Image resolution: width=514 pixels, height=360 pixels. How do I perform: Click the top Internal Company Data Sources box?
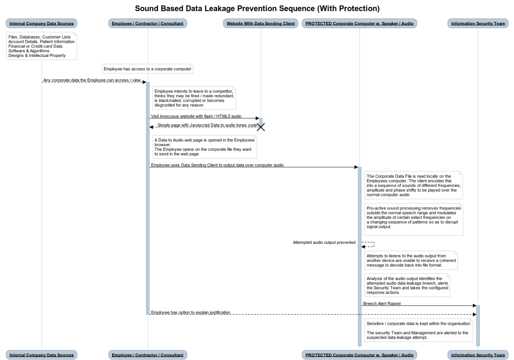[42, 24]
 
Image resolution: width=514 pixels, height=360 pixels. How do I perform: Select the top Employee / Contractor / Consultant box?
[147, 24]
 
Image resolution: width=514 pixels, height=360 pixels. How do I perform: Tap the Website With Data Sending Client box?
[260, 24]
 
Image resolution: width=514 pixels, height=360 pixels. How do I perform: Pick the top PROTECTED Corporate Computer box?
[359, 24]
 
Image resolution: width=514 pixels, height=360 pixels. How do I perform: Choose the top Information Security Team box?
[478, 24]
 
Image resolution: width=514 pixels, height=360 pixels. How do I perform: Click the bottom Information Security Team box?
[478, 355]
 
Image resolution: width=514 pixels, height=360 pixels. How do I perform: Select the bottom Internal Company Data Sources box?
[42, 355]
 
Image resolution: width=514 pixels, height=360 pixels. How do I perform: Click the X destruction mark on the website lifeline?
[260, 126]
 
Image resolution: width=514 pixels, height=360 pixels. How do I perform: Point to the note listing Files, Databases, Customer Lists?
[42, 46]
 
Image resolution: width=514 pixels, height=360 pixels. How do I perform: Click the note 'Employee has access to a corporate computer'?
[147, 69]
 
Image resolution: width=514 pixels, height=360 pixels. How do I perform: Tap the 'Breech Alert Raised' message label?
[382, 303]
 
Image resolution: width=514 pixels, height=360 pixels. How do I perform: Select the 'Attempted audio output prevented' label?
[324, 243]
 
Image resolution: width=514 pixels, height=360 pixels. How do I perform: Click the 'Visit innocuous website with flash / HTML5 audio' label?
[196, 116]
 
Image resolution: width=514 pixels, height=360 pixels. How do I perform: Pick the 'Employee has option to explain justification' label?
[191, 312]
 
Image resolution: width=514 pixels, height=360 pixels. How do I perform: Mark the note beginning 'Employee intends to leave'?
[194, 98]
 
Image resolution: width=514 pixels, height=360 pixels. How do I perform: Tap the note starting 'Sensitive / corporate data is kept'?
[418, 330]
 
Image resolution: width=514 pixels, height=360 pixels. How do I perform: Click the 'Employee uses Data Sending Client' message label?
[217, 165]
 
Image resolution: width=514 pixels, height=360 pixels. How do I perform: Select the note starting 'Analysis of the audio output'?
[407, 285]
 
